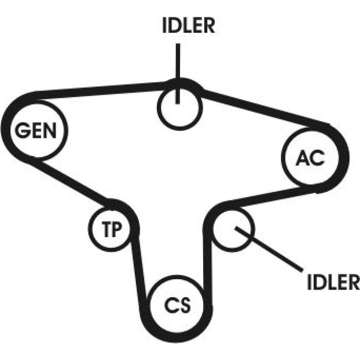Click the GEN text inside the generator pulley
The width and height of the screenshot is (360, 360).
coord(35,130)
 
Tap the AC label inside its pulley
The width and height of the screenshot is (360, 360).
coord(310,158)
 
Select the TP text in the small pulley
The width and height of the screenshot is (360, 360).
coord(112,229)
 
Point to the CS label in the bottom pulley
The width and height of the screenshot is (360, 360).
coord(177,305)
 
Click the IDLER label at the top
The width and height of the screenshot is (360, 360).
coord(189,26)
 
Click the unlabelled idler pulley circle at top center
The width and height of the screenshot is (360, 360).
coord(180,107)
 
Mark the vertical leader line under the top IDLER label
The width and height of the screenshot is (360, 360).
coord(177,74)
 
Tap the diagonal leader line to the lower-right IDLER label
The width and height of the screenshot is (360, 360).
coord(268,249)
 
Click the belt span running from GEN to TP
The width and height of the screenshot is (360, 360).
coord(69,180)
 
